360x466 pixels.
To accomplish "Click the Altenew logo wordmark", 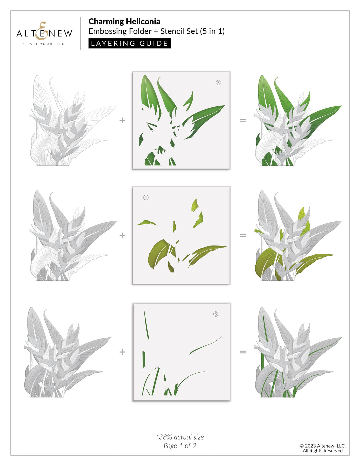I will pyautogui.click(x=44, y=33).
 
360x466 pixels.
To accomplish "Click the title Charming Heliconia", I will pyautogui.click(x=124, y=22).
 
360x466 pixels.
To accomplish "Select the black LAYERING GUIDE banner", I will pyautogui.click(x=130, y=43).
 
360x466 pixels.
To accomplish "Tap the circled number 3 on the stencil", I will pyautogui.click(x=218, y=83).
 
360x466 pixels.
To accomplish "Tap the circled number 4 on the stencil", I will pyautogui.click(x=146, y=197).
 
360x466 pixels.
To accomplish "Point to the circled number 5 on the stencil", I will pyautogui.click(x=216, y=314).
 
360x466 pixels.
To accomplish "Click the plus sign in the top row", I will pyautogui.click(x=122, y=120).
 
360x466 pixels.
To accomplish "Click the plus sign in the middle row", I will pyautogui.click(x=122, y=235).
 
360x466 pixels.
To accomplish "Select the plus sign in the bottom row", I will pyautogui.click(x=122, y=352).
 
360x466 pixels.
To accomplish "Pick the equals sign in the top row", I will pyautogui.click(x=243, y=120).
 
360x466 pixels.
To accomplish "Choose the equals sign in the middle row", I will pyautogui.click(x=243, y=235).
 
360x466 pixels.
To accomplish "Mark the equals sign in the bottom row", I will pyautogui.click(x=243, y=352).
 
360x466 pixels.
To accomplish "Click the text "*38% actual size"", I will pyautogui.click(x=180, y=437).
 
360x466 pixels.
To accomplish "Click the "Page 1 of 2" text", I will pyautogui.click(x=180, y=446).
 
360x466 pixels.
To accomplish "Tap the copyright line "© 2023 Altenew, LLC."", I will pyautogui.click(x=322, y=446).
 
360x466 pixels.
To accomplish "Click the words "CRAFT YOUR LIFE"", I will pyautogui.click(x=44, y=44).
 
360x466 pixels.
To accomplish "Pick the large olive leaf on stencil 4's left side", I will pyautogui.click(x=158, y=253).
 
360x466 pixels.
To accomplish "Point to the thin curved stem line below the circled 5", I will pyautogui.click(x=205, y=346).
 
